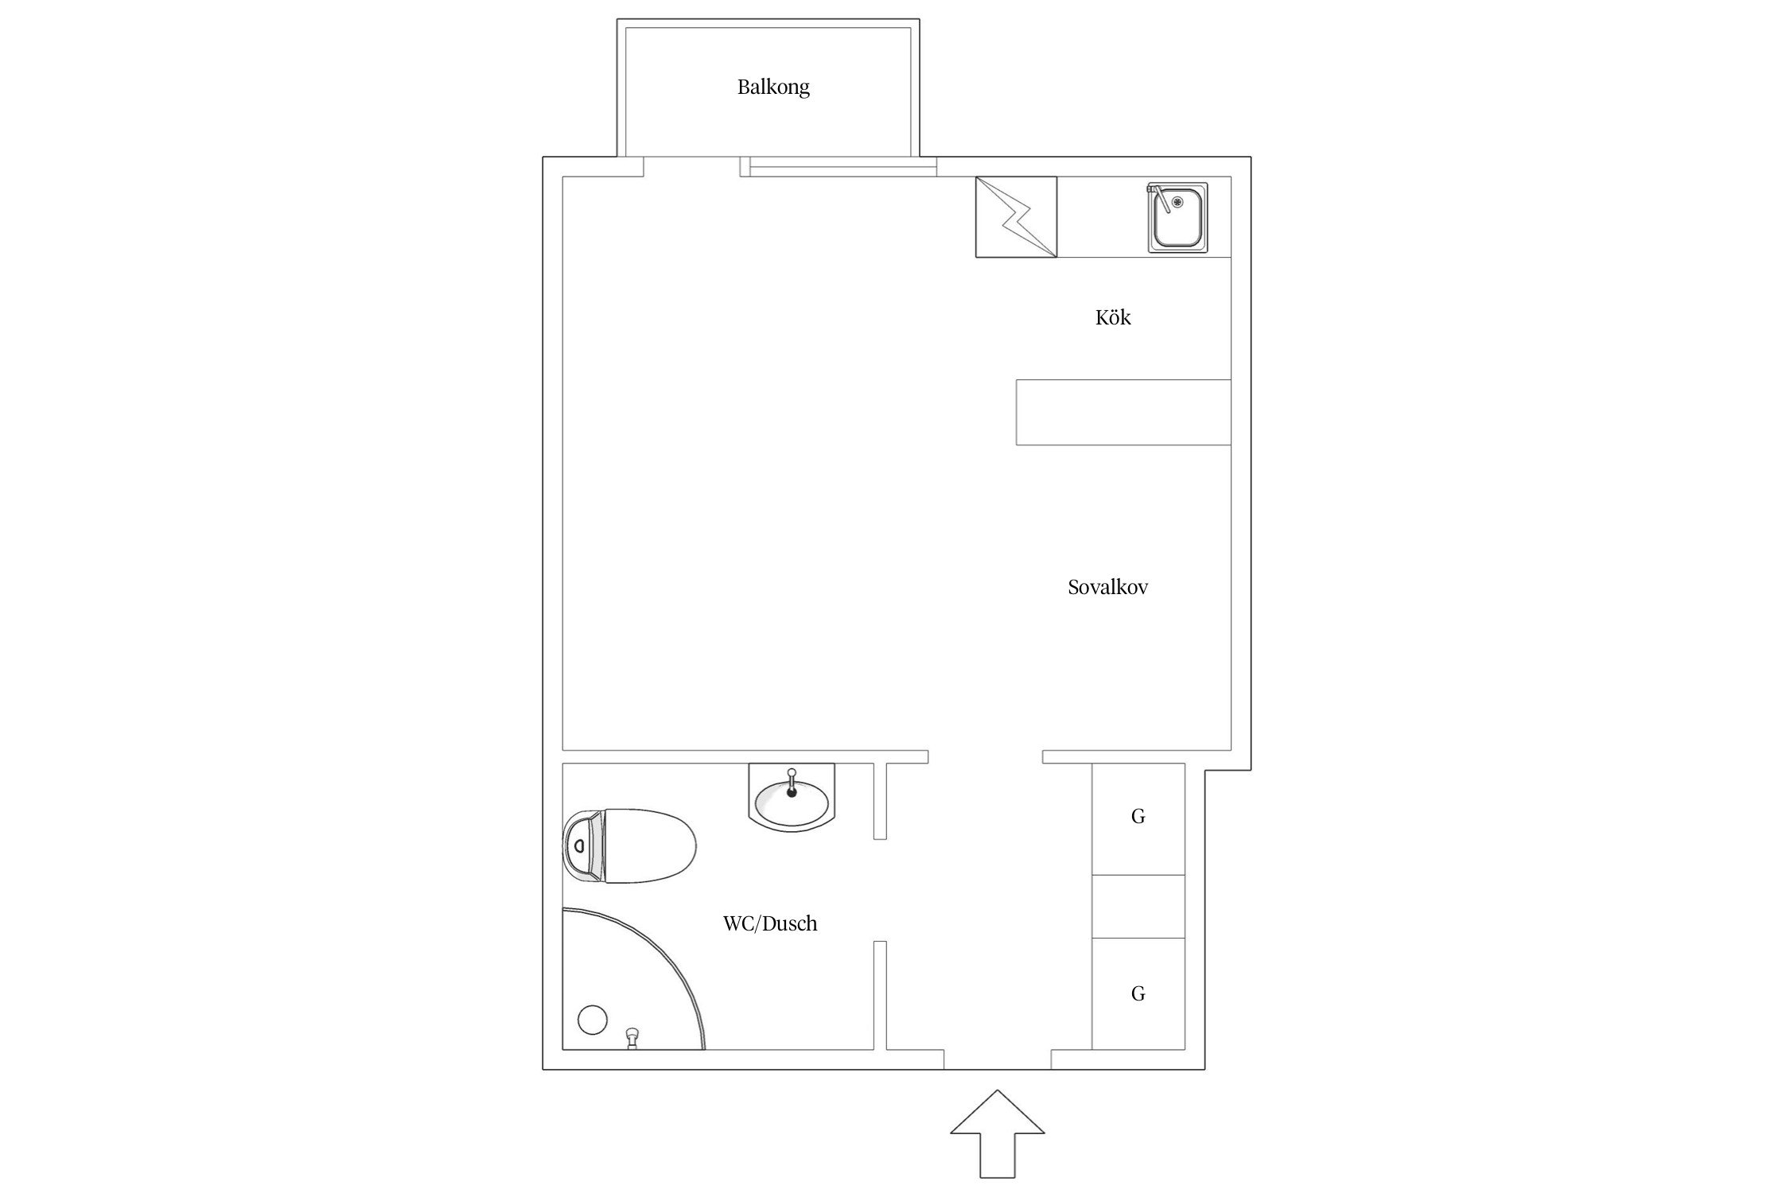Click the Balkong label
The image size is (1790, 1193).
tap(773, 87)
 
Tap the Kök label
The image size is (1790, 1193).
tap(1113, 317)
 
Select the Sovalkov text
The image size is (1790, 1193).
tap(1107, 588)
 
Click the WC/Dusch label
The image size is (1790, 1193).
tap(770, 923)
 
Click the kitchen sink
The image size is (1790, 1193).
tap(1177, 218)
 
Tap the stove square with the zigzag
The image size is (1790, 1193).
tap(1017, 217)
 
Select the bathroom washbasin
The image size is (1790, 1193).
tap(792, 801)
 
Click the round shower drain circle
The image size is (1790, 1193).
tap(592, 1020)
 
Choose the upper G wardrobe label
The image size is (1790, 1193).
tap(1138, 816)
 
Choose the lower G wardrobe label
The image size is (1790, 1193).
tap(1138, 993)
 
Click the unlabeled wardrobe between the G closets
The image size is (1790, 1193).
tap(1138, 907)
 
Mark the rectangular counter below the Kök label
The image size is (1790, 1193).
tap(1123, 412)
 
